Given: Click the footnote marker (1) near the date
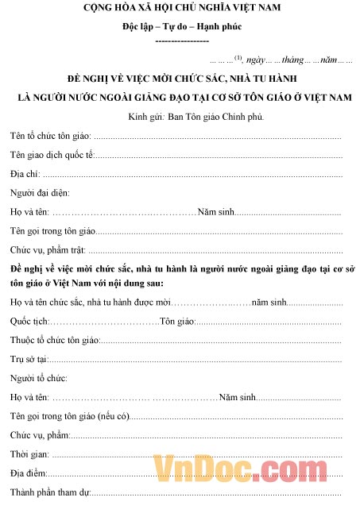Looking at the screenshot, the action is (238, 57).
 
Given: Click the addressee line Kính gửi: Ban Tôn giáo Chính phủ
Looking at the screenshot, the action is (180, 117).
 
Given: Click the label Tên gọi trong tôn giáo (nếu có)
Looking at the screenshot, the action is (68, 415).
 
